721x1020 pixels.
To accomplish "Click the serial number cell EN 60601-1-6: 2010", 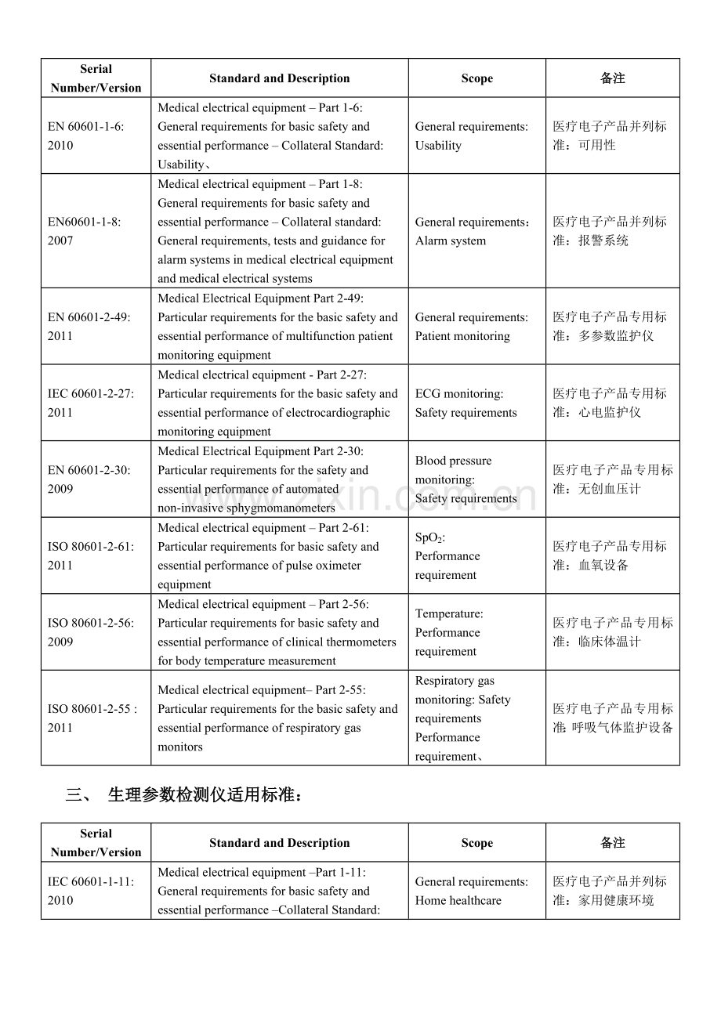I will point(96,136).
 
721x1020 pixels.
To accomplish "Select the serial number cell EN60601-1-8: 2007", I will point(96,231).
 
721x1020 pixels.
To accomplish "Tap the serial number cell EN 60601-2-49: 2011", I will point(96,327).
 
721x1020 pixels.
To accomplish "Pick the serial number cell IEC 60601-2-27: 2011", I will point(96,403).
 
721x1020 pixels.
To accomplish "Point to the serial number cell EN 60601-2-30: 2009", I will point(96,479).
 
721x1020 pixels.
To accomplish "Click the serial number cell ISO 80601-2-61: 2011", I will point(96,555).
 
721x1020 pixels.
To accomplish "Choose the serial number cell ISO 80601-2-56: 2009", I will point(96,632).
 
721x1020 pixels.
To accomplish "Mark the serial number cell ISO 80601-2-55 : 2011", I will point(96,718).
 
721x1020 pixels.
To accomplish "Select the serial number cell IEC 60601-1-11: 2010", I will point(96,891).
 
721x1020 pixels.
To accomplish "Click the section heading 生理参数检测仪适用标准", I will point(205,795).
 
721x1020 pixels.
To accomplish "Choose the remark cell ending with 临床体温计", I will point(613,633).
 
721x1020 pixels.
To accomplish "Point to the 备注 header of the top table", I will point(613,78).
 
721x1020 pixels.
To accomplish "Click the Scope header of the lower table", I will point(476,843).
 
